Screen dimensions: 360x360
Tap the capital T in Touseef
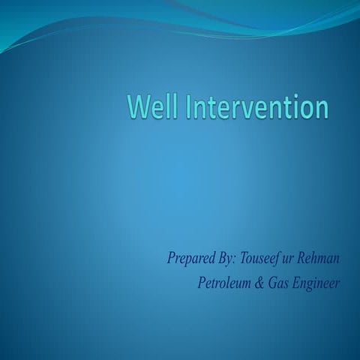[244, 259]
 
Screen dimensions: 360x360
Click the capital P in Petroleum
[200, 283]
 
